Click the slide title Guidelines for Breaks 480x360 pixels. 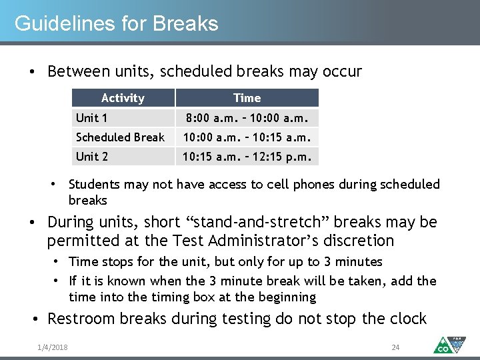116,24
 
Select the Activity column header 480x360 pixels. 123,98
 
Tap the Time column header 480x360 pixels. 247,98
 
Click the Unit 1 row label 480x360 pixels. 92,118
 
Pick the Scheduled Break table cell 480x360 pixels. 120,137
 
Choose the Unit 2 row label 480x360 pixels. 92,157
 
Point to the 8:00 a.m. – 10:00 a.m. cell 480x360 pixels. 247,118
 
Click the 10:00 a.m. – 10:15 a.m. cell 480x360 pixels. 247,137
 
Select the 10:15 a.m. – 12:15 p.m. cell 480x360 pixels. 247,157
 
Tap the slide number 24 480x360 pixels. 395,347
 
